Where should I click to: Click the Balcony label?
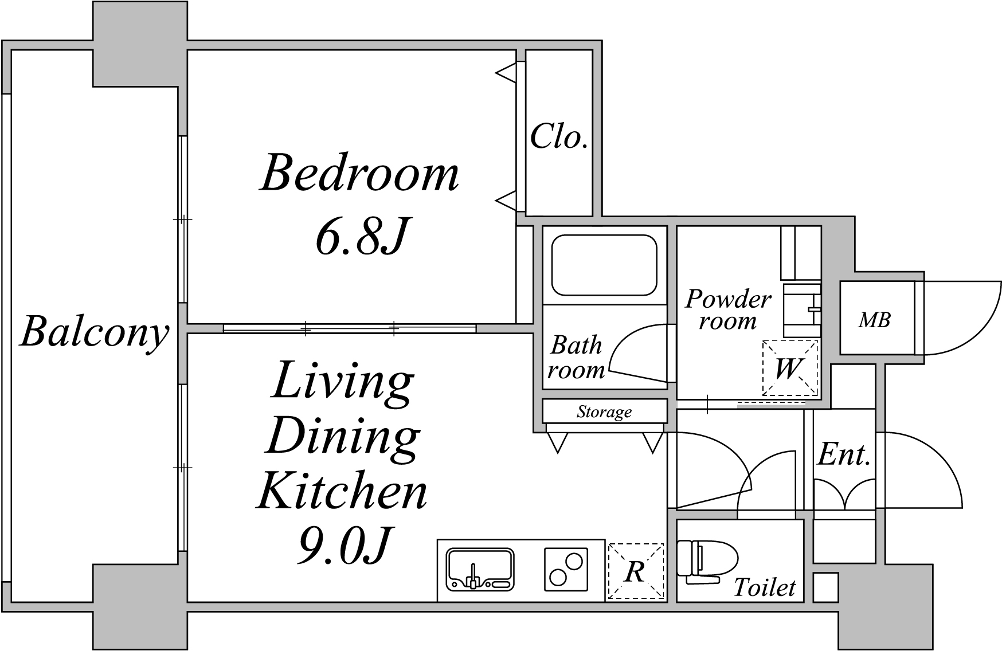[95, 333]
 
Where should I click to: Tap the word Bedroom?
[359, 172]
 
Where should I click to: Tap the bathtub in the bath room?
[604, 265]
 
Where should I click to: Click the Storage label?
[604, 411]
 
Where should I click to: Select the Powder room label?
[728, 309]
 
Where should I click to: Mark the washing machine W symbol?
[790, 368]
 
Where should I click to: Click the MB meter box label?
[874, 320]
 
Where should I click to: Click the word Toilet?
[765, 587]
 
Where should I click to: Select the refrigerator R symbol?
[636, 571]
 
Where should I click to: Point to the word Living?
[343, 383]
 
